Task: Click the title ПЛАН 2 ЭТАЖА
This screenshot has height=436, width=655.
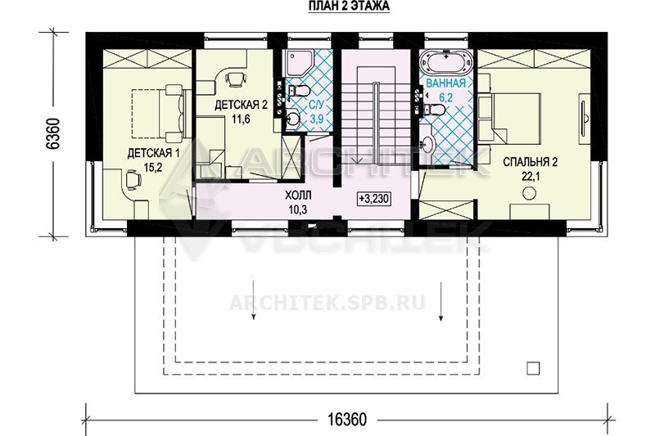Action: click(349, 7)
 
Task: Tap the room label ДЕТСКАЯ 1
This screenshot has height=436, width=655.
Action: click(153, 153)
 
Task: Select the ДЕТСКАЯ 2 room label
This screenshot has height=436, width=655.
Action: click(241, 105)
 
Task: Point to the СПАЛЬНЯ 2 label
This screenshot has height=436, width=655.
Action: click(530, 162)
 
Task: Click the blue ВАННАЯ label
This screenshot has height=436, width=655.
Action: click(446, 83)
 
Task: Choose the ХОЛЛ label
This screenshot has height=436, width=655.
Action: click(298, 196)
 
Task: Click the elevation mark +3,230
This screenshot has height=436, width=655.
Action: click(374, 199)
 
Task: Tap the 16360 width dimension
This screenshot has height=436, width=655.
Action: click(347, 419)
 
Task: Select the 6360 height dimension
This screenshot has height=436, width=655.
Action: click(54, 133)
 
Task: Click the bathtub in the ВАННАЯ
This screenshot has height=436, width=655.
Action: click(446, 63)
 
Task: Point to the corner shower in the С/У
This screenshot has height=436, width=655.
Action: click(297, 63)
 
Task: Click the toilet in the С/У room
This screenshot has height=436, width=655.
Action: click(298, 90)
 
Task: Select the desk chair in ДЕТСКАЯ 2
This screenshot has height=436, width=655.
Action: click(236, 79)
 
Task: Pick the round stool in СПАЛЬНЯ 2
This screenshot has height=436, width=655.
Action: click(530, 193)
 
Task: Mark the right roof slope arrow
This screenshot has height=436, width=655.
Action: click(440, 302)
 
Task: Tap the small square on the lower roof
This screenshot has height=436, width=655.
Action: click(533, 368)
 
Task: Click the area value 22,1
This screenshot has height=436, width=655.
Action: click(531, 177)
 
